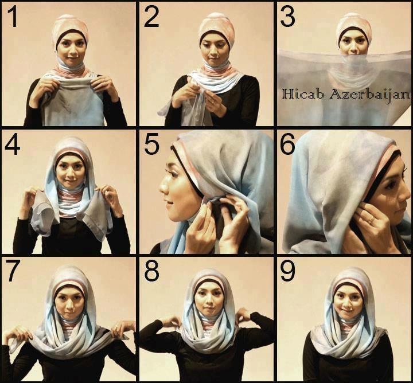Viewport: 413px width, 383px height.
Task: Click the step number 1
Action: (x=13, y=16)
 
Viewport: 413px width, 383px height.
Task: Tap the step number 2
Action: (x=151, y=16)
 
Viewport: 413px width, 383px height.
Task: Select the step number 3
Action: (x=287, y=16)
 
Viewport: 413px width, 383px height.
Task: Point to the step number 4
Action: (x=13, y=145)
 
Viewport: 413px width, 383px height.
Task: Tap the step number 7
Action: (x=13, y=271)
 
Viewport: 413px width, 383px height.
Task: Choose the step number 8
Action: (x=151, y=271)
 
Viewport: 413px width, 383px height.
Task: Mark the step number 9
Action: (x=287, y=271)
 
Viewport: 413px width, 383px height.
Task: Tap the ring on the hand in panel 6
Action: (x=371, y=220)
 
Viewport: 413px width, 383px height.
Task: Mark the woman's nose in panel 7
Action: (x=69, y=303)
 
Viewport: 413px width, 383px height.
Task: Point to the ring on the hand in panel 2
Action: (x=212, y=101)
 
